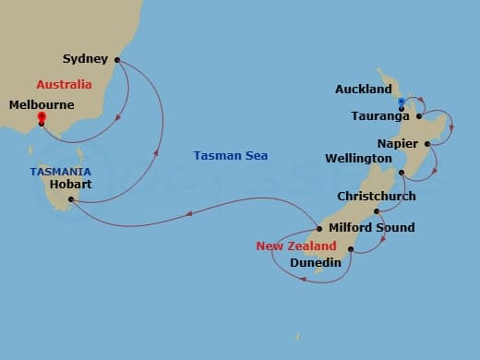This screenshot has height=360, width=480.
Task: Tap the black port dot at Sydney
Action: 117,60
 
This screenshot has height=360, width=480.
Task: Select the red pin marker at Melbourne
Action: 42,117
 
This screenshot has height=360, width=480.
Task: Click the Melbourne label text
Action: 42,105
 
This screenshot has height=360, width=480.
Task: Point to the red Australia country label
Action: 65,84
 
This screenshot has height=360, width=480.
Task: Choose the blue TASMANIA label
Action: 60,172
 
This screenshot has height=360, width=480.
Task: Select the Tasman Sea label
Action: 231,155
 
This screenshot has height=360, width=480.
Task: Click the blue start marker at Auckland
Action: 402,102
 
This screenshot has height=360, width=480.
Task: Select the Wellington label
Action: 359,159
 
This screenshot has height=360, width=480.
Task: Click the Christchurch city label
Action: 377,197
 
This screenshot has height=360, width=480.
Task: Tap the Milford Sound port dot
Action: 319,228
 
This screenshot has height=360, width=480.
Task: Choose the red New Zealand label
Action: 296,246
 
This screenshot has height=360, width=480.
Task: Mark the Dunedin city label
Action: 316,263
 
